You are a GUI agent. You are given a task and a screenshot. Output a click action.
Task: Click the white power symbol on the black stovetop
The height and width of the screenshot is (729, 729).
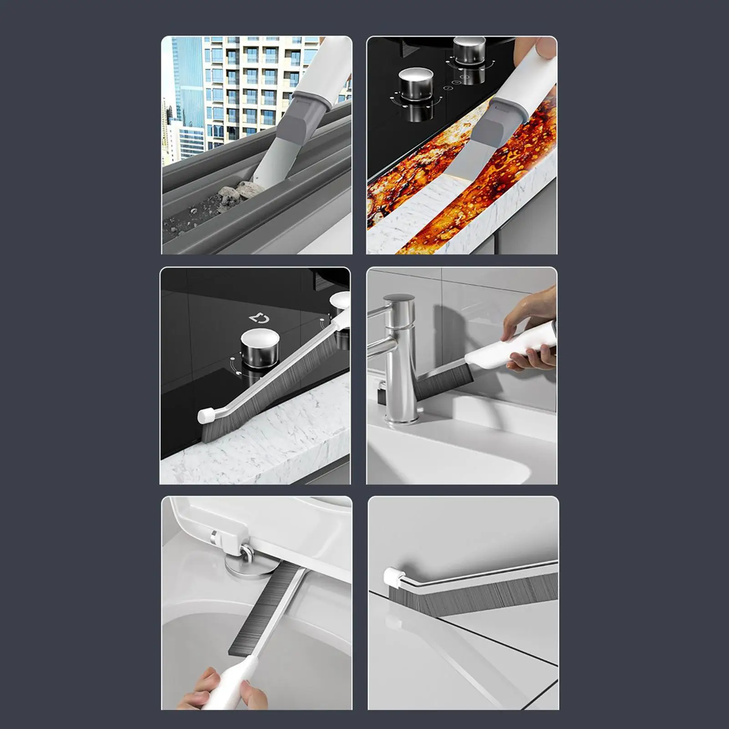pos(260,317)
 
